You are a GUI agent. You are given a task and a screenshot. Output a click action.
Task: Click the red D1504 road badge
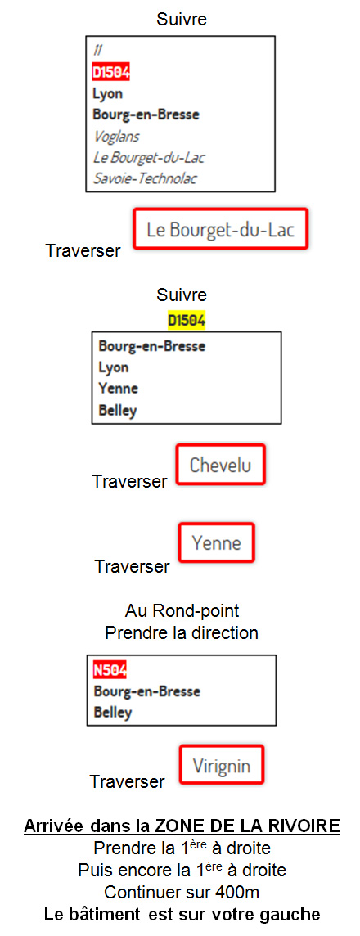pos(110,72)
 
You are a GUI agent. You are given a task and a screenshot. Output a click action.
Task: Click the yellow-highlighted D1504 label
pos(187,322)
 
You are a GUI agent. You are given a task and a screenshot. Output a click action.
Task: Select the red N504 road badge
pos(110,670)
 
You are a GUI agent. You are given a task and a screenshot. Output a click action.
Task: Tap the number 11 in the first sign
pos(97,52)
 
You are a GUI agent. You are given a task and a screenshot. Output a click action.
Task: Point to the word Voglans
pos(116,137)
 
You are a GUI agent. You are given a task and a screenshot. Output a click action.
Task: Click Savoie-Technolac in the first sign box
pos(145,178)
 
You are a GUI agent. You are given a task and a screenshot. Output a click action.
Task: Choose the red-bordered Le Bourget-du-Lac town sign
pos(220,228)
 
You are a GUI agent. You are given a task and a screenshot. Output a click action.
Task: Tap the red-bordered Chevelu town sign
pos(220,465)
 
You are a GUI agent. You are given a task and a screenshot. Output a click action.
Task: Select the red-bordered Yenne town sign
pos(217,542)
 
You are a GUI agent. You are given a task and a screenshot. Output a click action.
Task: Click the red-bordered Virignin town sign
pos(221,765)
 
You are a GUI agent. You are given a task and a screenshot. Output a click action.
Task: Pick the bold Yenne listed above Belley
pos(118,389)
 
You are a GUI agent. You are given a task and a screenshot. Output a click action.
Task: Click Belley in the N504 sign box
pos(113,713)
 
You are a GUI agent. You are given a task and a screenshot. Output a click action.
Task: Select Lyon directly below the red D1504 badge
pos(108,94)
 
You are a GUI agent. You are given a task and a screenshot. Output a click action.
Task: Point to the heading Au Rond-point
pos(182,611)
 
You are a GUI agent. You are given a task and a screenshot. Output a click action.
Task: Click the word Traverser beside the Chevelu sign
pos(129,481)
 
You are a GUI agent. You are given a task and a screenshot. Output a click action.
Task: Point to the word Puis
pos(94,871)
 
